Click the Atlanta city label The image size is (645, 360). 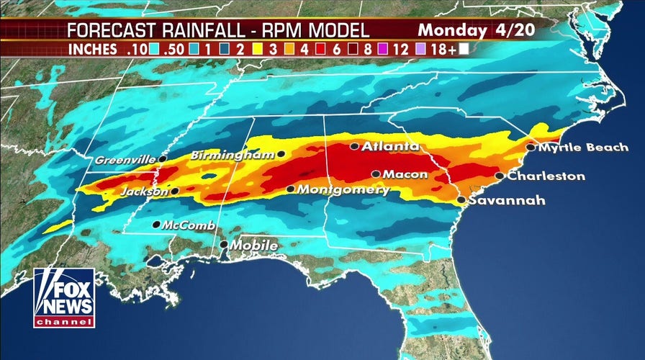[390, 146]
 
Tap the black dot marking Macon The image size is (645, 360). [376, 174]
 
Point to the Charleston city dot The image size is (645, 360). [499, 176]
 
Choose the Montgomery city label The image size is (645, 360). [343, 190]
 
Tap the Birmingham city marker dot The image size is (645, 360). [280, 154]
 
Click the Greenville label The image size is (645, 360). [124, 158]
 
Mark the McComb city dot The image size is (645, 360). [156, 225]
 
